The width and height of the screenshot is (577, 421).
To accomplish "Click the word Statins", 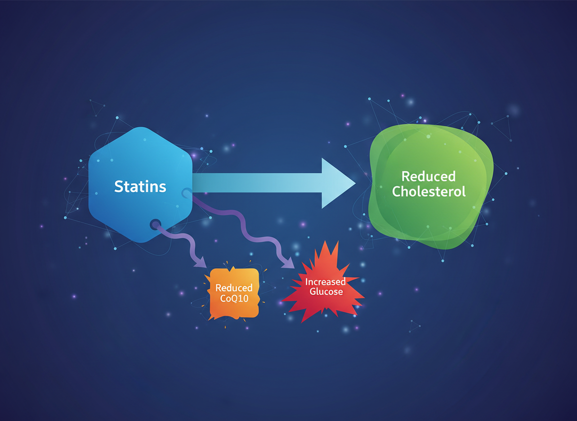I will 140,186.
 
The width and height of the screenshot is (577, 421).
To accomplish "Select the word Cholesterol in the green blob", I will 429,191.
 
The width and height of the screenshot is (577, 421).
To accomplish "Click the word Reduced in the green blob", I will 429,176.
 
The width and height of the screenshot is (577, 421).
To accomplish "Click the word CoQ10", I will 234,298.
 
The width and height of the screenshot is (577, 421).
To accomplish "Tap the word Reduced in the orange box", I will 234,288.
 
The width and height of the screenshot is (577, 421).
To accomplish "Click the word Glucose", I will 326,292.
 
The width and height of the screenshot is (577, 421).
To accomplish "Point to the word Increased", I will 326,282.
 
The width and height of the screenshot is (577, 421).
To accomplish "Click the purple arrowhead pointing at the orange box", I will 200,263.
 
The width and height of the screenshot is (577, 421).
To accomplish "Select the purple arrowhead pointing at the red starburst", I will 288,263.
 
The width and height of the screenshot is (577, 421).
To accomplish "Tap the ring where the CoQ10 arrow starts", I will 155,225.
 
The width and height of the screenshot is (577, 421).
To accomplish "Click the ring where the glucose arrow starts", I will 186,193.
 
